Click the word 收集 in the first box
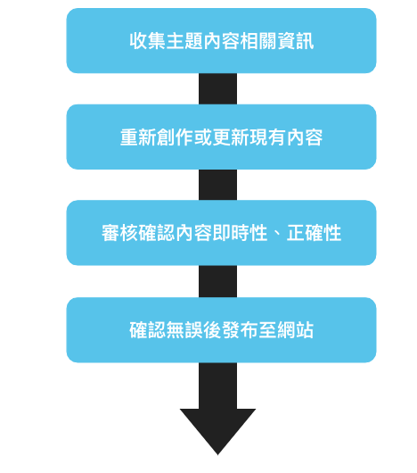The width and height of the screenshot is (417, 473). [148, 41]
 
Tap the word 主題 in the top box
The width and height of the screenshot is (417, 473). [184, 41]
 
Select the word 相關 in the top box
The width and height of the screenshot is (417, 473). [258, 41]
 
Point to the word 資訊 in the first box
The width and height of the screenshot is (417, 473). [295, 41]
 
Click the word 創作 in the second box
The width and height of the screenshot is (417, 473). [176, 137]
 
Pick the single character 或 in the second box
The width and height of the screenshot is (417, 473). [203, 137]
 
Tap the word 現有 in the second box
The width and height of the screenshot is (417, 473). [267, 137]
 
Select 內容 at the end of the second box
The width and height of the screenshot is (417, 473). [305, 137]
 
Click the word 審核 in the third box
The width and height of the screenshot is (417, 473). [119, 233]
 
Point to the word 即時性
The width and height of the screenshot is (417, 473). [240, 233]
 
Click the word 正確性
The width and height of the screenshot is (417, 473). [314, 233]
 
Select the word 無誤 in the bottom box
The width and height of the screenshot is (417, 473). [184, 330]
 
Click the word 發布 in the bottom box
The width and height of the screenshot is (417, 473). [240, 330]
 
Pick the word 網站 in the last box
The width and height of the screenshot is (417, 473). [295, 330]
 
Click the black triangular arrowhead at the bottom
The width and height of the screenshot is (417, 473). [217, 428]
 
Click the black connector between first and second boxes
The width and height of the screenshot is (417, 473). [217, 88]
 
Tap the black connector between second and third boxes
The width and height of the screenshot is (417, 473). [217, 185]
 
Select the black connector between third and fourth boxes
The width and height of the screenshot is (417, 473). [217, 281]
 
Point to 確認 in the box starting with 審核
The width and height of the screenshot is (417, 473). [157, 233]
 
